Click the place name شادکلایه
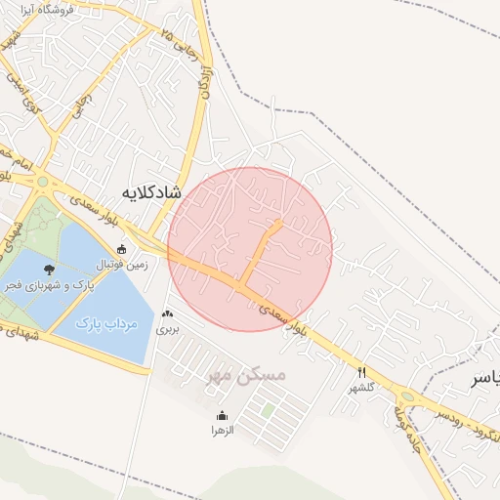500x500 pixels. (x=153, y=191)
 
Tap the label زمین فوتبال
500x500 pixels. (x=121, y=264)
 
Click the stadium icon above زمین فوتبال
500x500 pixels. (x=121, y=249)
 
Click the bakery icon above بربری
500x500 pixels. (x=169, y=314)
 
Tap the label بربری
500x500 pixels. (x=169, y=330)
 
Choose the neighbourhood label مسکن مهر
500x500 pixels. (x=248, y=374)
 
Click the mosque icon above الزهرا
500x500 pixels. (x=223, y=415)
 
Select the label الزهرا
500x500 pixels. (x=223, y=430)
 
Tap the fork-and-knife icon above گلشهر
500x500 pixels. (x=362, y=372)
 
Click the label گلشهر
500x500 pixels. (x=362, y=388)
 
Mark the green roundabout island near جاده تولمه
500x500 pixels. (x=406, y=397)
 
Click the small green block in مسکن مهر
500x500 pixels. (x=268, y=412)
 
